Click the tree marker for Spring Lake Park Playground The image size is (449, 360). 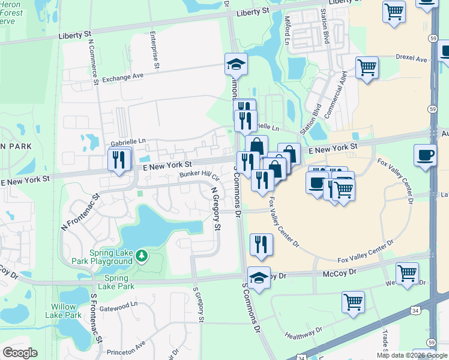142,256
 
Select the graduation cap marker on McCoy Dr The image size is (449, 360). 259,278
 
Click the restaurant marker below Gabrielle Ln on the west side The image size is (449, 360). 119,160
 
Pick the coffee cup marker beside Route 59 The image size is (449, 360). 425,155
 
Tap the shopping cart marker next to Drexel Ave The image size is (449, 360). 367,67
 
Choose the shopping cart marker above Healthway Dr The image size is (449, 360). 353,302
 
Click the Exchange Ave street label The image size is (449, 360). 123,77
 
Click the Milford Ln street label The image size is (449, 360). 287,30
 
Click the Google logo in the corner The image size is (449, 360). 20,353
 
